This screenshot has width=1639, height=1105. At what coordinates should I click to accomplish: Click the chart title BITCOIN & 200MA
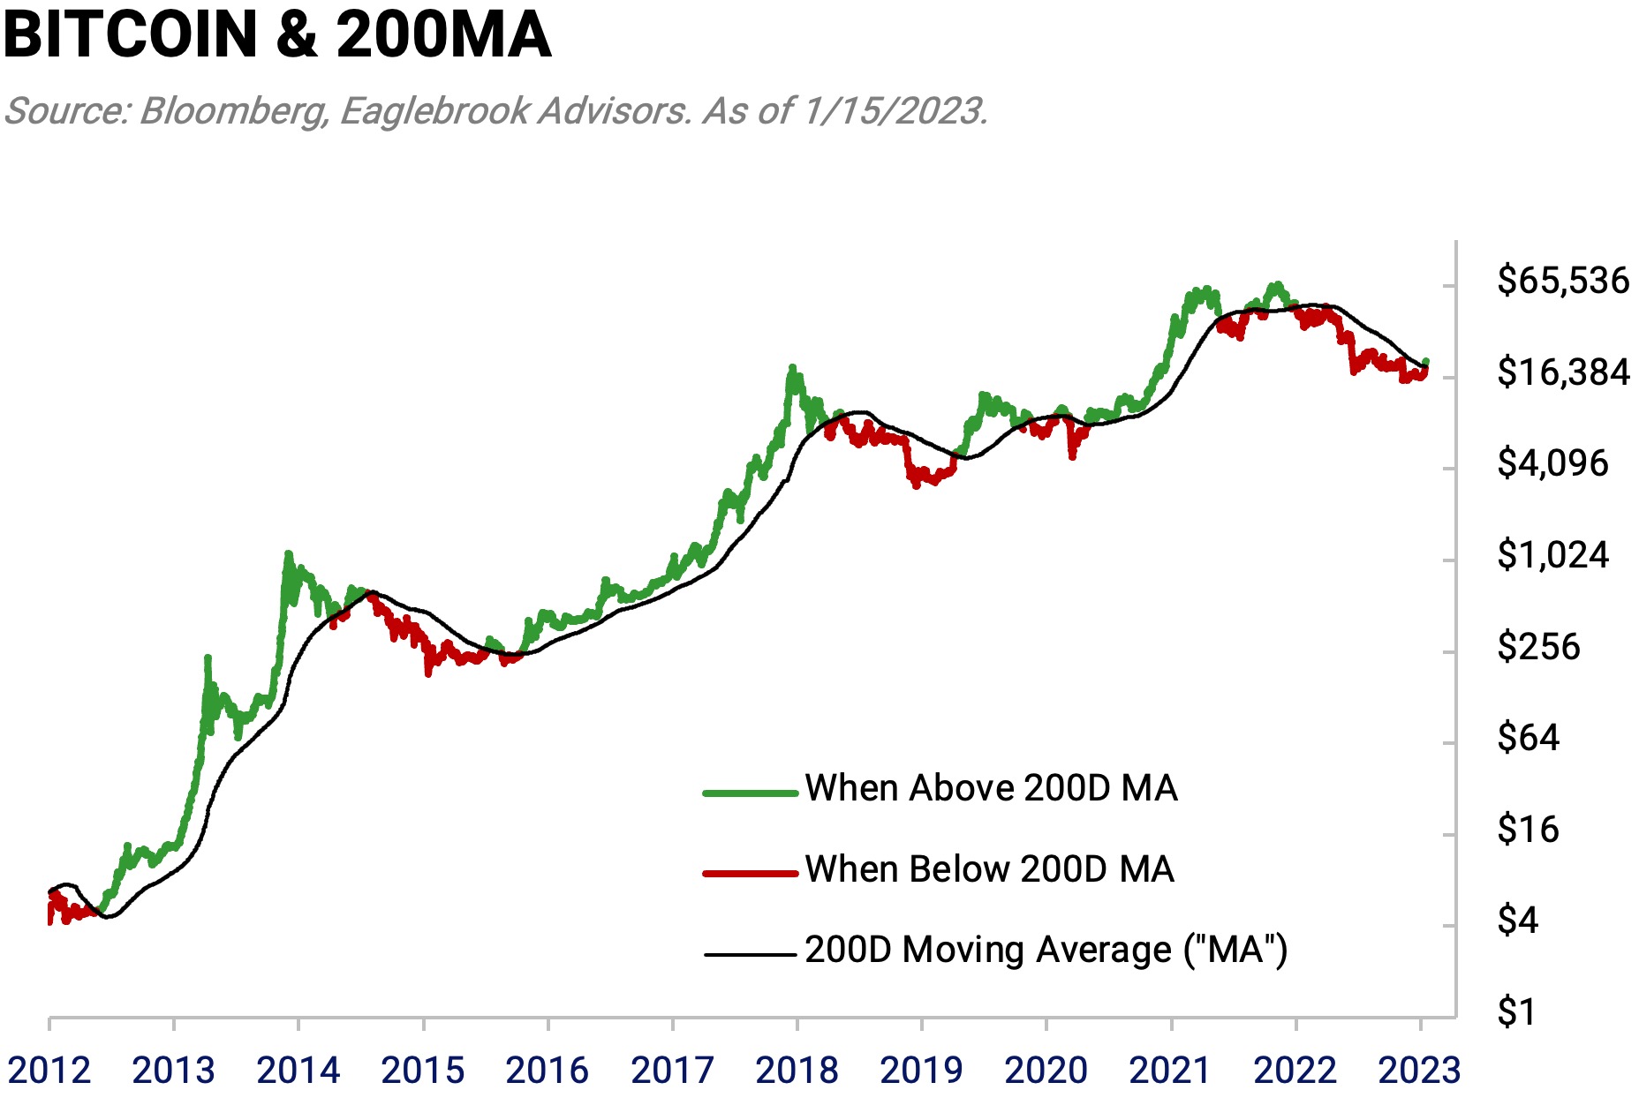pyautogui.click(x=277, y=35)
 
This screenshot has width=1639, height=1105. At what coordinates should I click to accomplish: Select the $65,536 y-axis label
pyautogui.click(x=1562, y=281)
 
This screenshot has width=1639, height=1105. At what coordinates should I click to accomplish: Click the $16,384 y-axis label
pyautogui.click(x=1562, y=372)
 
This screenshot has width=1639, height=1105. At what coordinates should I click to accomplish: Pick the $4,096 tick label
pyautogui.click(x=1552, y=463)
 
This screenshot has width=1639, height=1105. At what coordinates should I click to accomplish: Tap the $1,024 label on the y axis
pyautogui.click(x=1552, y=555)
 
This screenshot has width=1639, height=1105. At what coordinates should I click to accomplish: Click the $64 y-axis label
pyautogui.click(x=1528, y=738)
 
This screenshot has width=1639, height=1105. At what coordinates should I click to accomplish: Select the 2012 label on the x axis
pyautogui.click(x=49, y=1071)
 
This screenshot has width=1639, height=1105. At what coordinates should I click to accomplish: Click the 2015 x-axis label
pyautogui.click(x=422, y=1071)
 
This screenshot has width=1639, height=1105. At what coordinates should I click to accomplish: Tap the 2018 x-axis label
pyautogui.click(x=797, y=1071)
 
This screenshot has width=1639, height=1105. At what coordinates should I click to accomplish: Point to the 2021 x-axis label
pyautogui.click(x=1170, y=1071)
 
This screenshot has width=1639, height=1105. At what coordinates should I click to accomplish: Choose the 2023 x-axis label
pyautogui.click(x=1419, y=1071)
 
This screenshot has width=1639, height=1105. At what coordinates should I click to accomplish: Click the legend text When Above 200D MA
pyautogui.click(x=991, y=788)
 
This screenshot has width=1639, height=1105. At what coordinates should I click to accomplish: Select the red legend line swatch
pyautogui.click(x=750, y=873)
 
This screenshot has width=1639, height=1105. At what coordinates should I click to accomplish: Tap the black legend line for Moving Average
pyautogui.click(x=750, y=954)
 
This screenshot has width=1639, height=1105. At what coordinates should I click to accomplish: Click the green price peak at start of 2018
pyautogui.click(x=792, y=367)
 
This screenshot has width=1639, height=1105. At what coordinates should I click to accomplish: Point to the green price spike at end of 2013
pyautogui.click(x=288, y=554)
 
